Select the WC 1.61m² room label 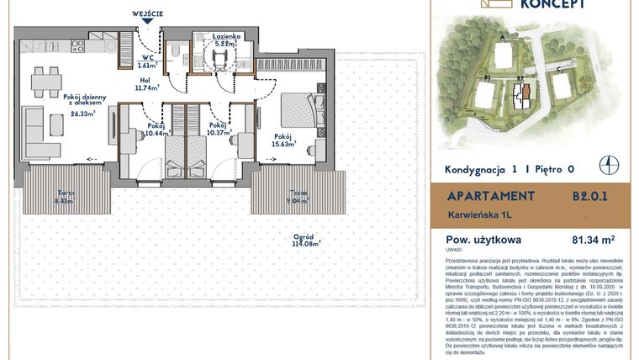pyautogui.click(x=147, y=59)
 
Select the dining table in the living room pyautogui.click(x=46, y=82)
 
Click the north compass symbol pyautogui.click(x=616, y=166)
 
